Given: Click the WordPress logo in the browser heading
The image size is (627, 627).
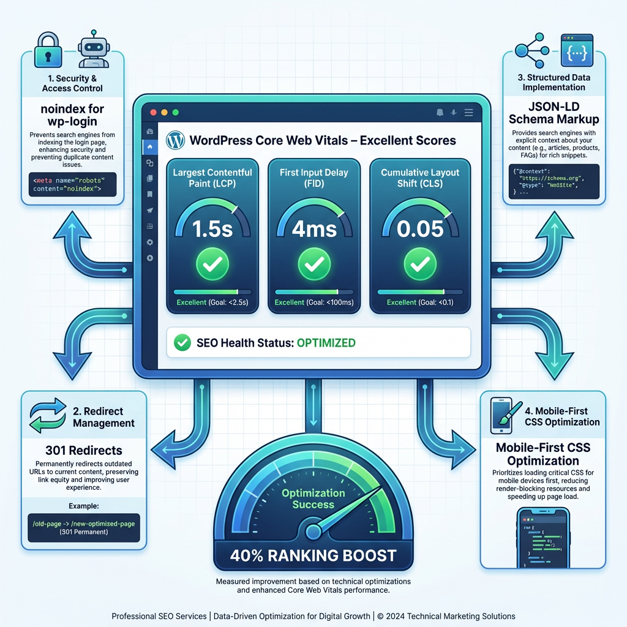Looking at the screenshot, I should [x=175, y=140].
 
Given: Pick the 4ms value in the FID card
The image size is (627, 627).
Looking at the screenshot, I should [x=313, y=228].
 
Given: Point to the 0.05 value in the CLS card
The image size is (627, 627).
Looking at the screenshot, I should [x=419, y=228].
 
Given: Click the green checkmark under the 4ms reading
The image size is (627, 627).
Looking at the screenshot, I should [x=313, y=265].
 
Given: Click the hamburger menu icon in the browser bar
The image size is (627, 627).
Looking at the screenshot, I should [x=469, y=113].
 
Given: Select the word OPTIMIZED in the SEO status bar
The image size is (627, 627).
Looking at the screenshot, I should [x=326, y=343].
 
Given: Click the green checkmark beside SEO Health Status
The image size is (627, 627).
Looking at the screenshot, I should [x=182, y=343].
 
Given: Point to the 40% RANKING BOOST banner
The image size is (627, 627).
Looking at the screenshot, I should [x=313, y=556].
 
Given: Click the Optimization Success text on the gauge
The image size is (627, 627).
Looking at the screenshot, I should [x=313, y=499].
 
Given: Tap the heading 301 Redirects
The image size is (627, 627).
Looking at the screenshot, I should [x=84, y=450].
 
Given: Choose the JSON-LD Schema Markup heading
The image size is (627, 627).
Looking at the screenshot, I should [x=554, y=113].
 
